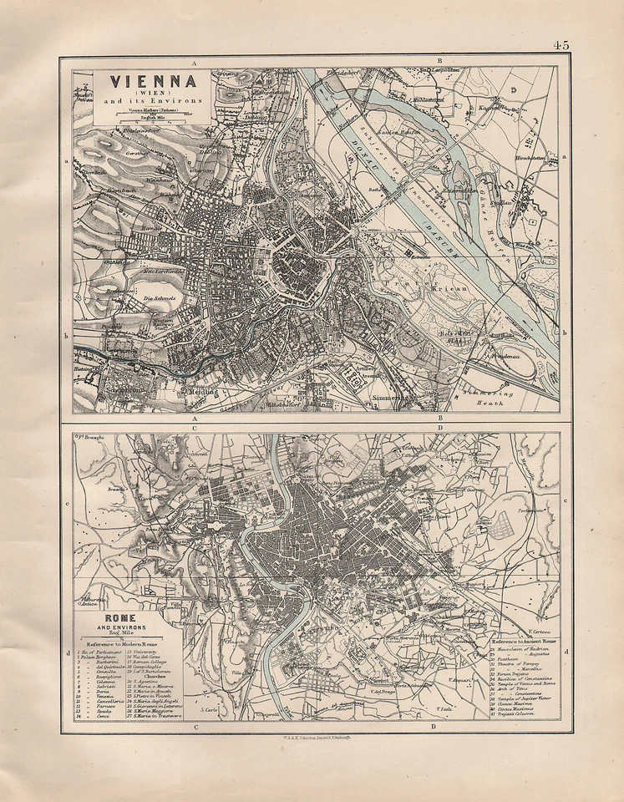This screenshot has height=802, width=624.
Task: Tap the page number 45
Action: click(560, 45)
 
